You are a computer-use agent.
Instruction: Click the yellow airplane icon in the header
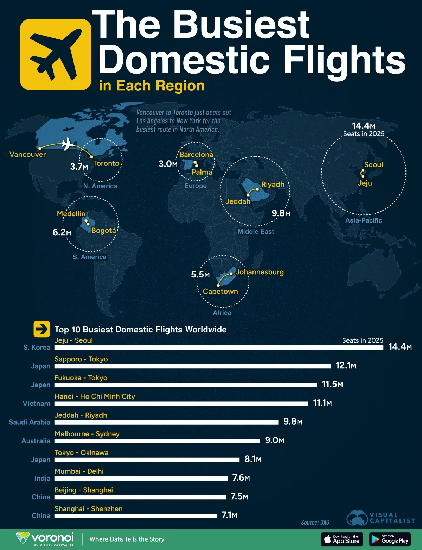pyautogui.click(x=56, y=55)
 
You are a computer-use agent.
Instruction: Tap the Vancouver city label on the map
pyautogui.click(x=27, y=155)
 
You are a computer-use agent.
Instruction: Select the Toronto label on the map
pyautogui.click(x=106, y=163)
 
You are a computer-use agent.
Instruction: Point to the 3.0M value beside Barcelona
pyautogui.click(x=168, y=164)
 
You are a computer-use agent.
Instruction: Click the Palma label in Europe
pyautogui.click(x=202, y=172)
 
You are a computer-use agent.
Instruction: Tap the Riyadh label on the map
pyautogui.click(x=273, y=185)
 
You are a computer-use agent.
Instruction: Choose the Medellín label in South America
pyautogui.click(x=71, y=214)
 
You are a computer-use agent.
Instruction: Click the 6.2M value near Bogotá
pyautogui.click(x=62, y=232)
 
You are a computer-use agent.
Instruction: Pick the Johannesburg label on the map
pyautogui.click(x=260, y=272)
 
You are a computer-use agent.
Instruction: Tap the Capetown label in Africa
pyautogui.click(x=220, y=292)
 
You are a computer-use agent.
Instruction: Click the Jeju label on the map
pyautogui.click(x=365, y=183)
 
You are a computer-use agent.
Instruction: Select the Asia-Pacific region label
pyautogui.click(x=364, y=220)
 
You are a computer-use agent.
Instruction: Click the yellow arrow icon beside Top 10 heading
pyautogui.click(x=42, y=329)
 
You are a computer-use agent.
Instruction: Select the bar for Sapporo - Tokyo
pyautogui.click(x=193, y=366)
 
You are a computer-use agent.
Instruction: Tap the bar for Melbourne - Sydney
pyautogui.click(x=157, y=441)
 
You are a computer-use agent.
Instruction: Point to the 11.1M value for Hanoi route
pyautogui.click(x=322, y=403)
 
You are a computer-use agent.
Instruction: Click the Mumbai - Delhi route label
pyautogui.click(x=79, y=471)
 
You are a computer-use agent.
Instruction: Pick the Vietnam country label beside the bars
pyautogui.click(x=37, y=404)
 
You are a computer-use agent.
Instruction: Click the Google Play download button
pyautogui.click(x=390, y=539)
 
